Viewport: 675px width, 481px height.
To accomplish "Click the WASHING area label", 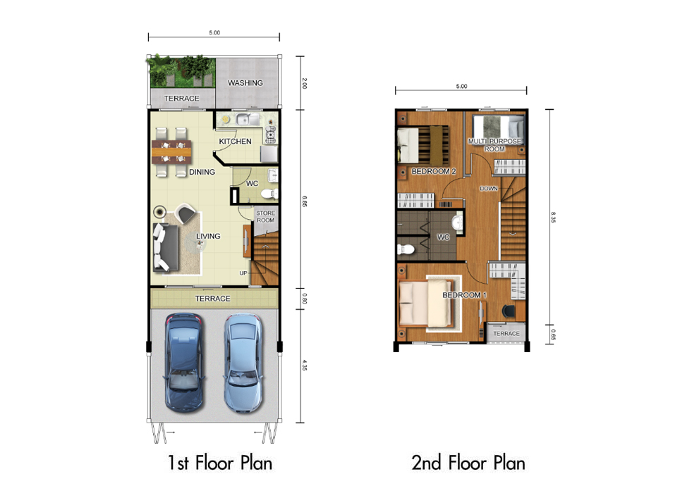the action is click(245, 83).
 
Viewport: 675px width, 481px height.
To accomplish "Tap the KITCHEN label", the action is click(235, 142).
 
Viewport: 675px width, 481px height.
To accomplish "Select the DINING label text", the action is click(202, 172).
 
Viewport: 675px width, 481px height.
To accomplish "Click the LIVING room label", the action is click(208, 236).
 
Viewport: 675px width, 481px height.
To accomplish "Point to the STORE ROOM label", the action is click(265, 217).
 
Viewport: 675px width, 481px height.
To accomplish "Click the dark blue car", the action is click(184, 363).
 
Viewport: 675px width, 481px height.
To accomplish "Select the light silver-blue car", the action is click(243, 363).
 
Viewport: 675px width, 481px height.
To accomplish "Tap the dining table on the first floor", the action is click(171, 152).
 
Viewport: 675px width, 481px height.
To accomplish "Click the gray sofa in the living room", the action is click(166, 247).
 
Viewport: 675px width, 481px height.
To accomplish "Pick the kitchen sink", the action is click(243, 119).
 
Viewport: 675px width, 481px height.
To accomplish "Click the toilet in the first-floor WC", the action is click(269, 194).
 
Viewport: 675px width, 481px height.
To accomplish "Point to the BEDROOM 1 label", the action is click(465, 295).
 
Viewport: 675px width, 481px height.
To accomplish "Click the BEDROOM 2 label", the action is click(434, 172).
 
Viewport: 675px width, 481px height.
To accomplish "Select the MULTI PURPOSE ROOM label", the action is click(494, 145).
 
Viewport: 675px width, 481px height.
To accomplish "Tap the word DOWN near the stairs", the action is click(489, 189).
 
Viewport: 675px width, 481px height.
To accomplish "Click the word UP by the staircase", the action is click(243, 273).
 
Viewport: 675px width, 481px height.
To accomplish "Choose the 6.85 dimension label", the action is click(305, 201).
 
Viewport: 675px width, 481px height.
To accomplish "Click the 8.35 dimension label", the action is click(553, 217).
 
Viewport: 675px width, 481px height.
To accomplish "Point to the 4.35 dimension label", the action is click(305, 366).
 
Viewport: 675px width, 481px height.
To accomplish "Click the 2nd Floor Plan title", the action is click(468, 463).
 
